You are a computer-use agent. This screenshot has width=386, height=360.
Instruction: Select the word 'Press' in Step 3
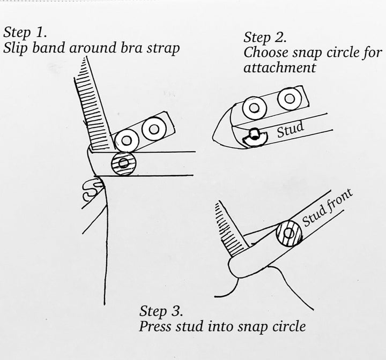(153, 326)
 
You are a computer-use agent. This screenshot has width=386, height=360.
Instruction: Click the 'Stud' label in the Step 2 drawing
(291, 130)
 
